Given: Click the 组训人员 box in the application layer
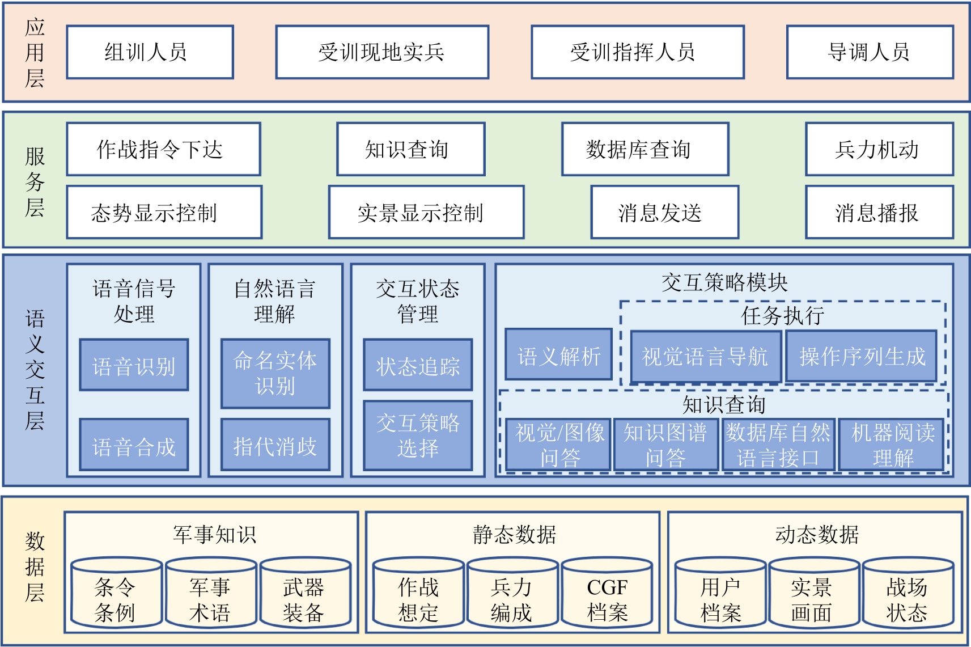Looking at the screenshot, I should click(150, 52).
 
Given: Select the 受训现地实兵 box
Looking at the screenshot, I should click(382, 52).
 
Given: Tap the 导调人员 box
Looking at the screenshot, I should click(870, 52).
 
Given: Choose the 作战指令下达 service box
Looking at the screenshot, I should click(163, 149).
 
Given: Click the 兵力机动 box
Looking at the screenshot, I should click(879, 149).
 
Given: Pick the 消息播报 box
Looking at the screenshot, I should click(879, 213).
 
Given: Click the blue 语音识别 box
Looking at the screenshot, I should click(134, 366).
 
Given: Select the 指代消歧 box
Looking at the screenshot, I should click(275, 446).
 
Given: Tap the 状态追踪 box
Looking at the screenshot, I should click(418, 366).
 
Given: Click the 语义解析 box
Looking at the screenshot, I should click(558, 356).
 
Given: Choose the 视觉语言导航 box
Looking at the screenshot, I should click(705, 356).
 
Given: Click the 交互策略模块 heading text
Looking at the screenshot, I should click(724, 282).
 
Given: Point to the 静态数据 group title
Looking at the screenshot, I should click(514, 534).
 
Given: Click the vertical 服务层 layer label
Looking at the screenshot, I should click(35, 181).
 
